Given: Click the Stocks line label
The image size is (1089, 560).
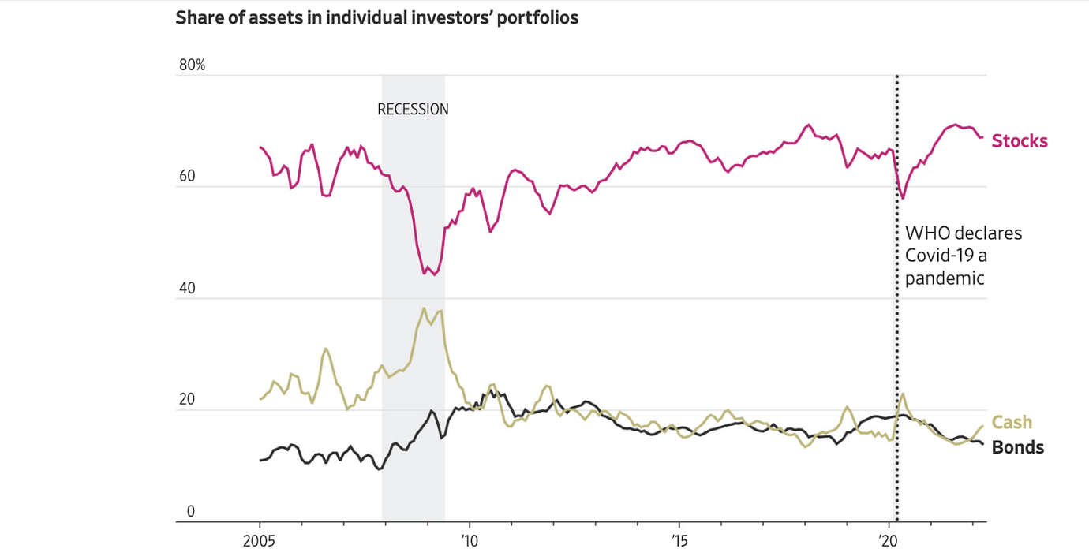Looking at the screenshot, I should (x=1020, y=141).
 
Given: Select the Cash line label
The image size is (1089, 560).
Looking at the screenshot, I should (x=1012, y=423).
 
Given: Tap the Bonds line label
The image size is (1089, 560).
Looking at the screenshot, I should (x=1017, y=448).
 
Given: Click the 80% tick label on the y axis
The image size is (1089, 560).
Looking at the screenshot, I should (x=192, y=65).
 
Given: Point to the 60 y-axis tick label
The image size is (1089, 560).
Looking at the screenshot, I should (x=186, y=177).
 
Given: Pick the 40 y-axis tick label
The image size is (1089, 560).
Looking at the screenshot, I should (x=186, y=289).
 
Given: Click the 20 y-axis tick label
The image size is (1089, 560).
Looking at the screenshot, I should (x=186, y=400).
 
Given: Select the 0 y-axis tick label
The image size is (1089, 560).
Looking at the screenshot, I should (x=190, y=512).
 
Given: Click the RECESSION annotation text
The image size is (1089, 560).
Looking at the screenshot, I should (x=413, y=110).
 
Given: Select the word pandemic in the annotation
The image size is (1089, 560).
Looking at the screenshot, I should (x=945, y=278).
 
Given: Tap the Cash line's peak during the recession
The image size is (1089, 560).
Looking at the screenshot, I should (x=424, y=308).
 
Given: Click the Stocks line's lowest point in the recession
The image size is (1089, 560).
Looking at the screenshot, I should (x=425, y=274).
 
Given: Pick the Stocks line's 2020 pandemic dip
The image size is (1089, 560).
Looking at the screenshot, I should (x=902, y=198).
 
